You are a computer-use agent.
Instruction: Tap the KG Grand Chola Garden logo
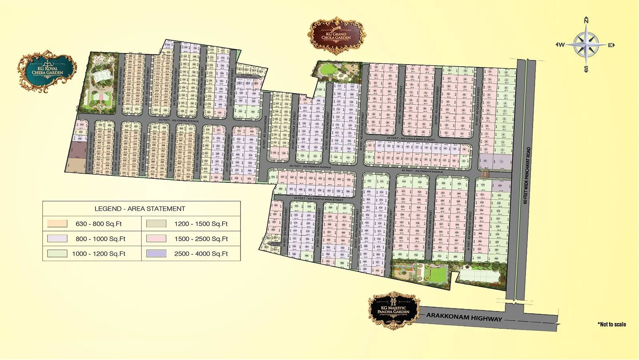pyautogui.click(x=336, y=36)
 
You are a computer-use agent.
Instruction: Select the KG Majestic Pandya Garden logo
pyautogui.click(x=394, y=310)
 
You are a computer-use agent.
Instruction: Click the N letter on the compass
pyautogui.click(x=586, y=21)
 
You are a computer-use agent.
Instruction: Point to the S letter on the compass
pyautogui.click(x=586, y=69)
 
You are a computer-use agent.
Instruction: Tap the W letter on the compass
pyautogui.click(x=561, y=45)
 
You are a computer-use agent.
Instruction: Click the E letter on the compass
pyautogui.click(x=610, y=45)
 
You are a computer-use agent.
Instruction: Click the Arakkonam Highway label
pyautogui.click(x=464, y=317)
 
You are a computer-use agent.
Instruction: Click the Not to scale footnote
pyautogui.click(x=612, y=324)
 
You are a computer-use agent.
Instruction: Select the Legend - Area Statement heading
pyautogui.click(x=140, y=209)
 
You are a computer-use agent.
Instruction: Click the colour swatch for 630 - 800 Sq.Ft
pyautogui.click(x=57, y=224)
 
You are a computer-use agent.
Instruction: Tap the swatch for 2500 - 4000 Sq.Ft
pyautogui.click(x=156, y=253)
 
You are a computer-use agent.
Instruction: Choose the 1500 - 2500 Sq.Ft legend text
pyautogui.click(x=201, y=239)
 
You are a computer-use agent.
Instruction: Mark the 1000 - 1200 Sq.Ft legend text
pyautogui.click(x=99, y=254)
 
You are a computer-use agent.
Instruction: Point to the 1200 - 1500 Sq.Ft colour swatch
pyautogui.click(x=156, y=224)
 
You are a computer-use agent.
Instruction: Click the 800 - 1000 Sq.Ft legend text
pyautogui.click(x=100, y=239)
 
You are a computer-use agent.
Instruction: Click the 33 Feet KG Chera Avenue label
pyautogui.click(x=178, y=120)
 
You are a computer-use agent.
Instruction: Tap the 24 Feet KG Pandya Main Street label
pyautogui.click(x=318, y=198)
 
